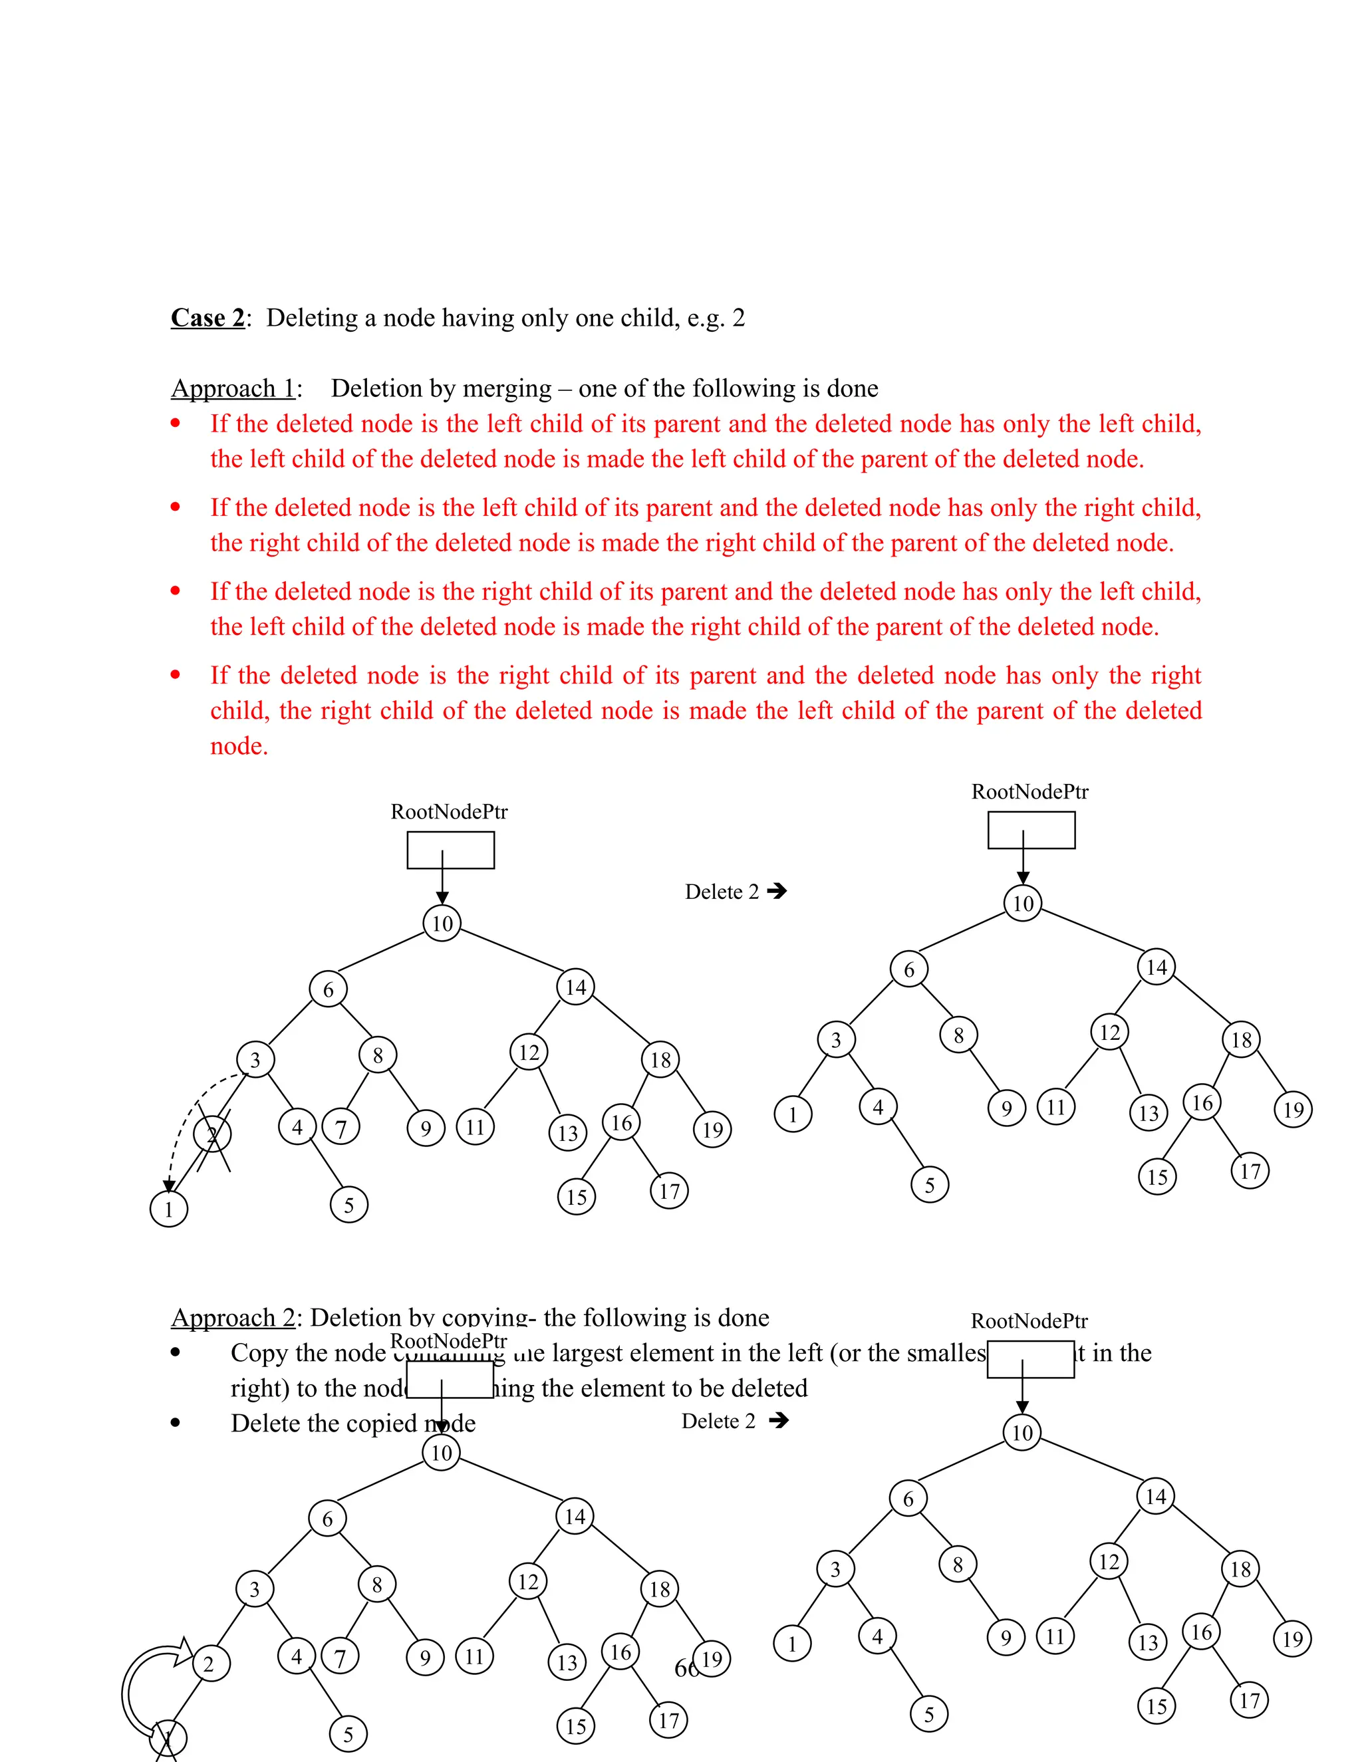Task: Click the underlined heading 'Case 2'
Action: (x=207, y=318)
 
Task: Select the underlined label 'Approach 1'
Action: (x=232, y=389)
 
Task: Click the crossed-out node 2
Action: (x=212, y=1134)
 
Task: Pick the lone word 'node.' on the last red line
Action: (x=239, y=746)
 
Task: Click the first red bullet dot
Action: (x=175, y=423)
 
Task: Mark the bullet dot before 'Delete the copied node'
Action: (x=175, y=1423)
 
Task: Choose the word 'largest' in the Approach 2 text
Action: (x=587, y=1353)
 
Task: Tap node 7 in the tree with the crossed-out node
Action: (x=340, y=1128)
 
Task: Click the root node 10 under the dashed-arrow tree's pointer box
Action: (x=442, y=924)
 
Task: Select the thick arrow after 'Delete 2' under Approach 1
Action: (x=777, y=892)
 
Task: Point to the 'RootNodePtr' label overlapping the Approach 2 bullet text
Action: (x=449, y=1342)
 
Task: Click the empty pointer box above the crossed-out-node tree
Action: (x=450, y=850)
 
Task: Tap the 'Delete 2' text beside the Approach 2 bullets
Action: (x=718, y=1422)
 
